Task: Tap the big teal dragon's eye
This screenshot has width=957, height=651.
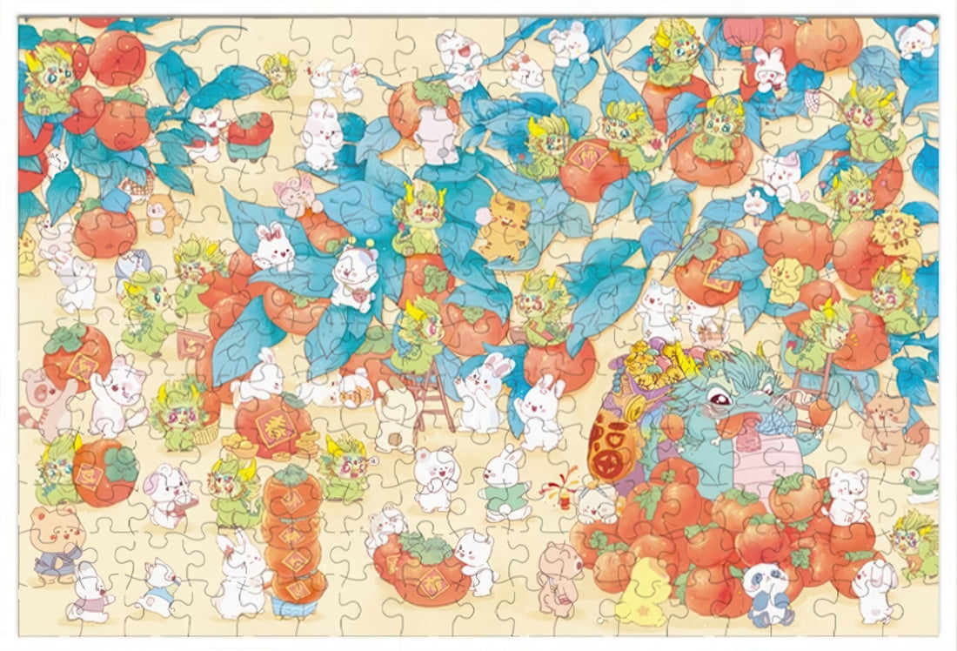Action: tap(719, 399)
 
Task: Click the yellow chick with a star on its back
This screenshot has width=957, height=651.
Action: tap(643, 594)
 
